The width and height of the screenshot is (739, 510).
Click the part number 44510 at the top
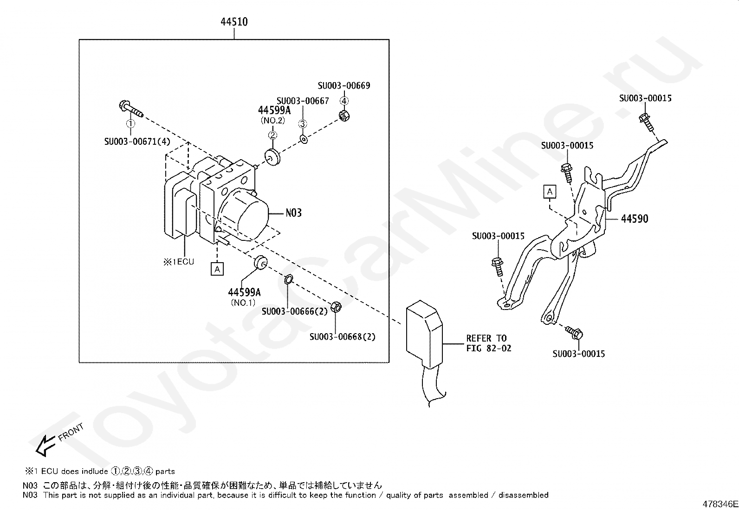[x=234, y=22]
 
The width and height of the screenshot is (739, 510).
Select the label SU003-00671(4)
[x=137, y=141]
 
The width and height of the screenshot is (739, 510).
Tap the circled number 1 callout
[x=131, y=123]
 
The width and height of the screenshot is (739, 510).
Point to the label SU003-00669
[x=344, y=86]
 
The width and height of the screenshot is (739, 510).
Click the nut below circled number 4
[x=344, y=115]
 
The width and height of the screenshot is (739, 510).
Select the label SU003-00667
[x=303, y=101]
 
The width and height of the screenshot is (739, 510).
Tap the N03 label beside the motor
[x=293, y=213]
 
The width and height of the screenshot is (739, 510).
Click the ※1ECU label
[x=178, y=262]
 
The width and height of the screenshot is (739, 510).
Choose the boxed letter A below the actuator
[x=217, y=269]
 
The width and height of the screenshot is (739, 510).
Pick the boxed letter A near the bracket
[x=550, y=191]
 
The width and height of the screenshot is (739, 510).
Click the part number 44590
[x=634, y=219]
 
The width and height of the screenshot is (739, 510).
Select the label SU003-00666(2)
[x=294, y=311]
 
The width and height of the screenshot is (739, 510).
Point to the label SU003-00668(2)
[x=343, y=337]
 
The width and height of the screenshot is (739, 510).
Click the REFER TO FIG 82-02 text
[x=488, y=343]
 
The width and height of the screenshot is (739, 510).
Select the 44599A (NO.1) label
[x=244, y=296]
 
